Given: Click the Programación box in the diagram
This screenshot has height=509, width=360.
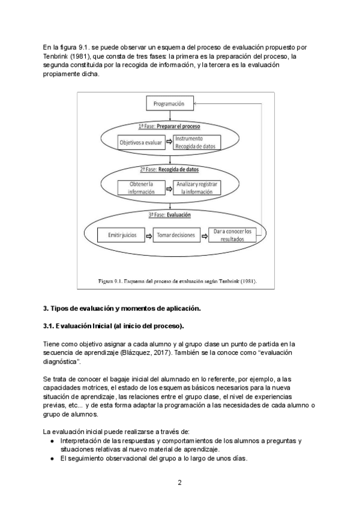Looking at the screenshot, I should pos(170,104).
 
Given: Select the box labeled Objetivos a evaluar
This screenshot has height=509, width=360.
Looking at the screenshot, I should pos(141,143).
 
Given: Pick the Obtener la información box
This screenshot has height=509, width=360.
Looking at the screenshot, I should pos(141,187).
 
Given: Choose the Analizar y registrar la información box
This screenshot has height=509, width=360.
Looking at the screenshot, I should pos(198,187).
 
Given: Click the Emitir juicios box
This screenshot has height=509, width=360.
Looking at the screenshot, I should pos(122,236).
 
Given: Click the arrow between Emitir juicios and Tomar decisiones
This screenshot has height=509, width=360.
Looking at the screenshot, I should pos(148,236).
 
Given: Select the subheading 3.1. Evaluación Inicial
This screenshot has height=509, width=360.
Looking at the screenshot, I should pos(113,326).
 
